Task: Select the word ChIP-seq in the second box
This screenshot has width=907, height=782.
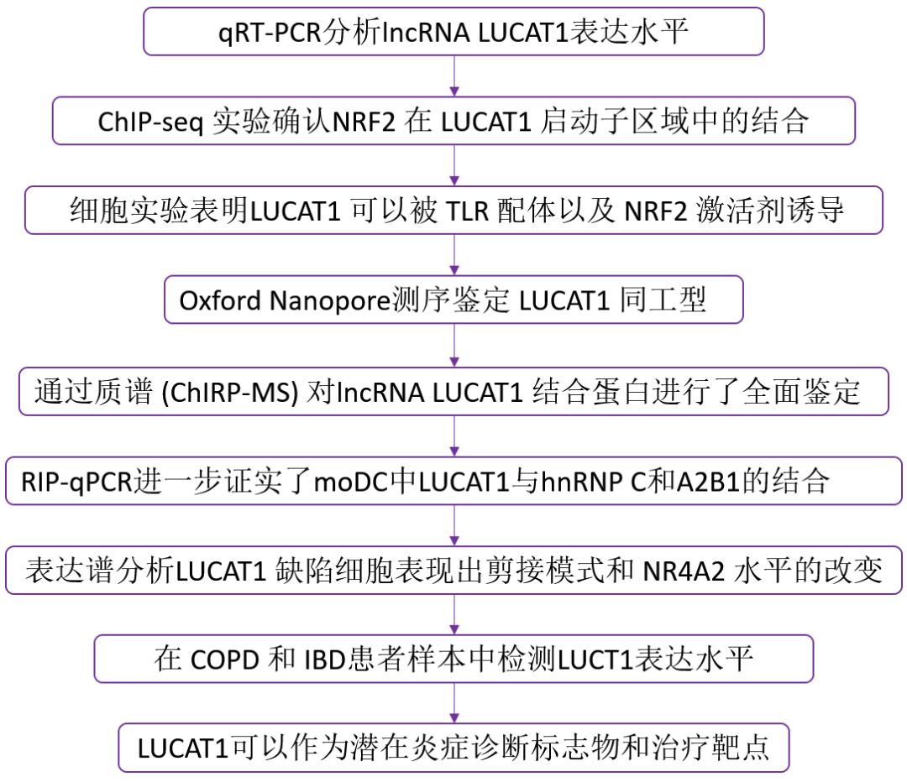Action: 149,122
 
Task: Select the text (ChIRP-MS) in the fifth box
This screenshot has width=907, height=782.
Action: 221,391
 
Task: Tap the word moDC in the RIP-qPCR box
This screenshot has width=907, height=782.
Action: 365,481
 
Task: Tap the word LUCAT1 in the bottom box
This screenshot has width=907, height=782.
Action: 183,748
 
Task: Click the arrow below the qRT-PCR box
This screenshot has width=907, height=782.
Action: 454,76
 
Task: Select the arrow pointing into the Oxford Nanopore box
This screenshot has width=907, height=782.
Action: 454,255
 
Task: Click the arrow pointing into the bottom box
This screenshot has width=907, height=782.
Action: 454,702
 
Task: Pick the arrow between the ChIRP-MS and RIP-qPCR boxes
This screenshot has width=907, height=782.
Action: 454,435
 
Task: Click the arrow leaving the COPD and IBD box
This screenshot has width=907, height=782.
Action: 454,702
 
